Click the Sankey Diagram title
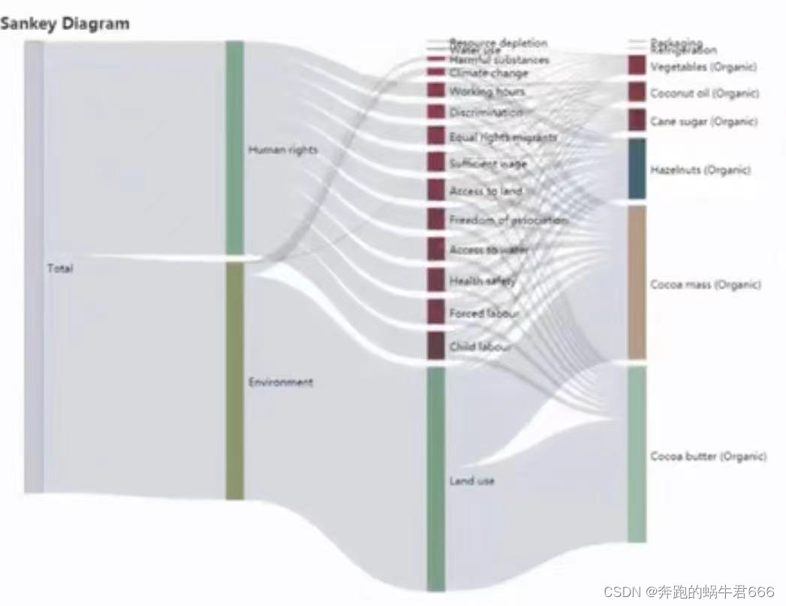(65, 23)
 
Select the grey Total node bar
(34, 266)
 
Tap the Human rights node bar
(235, 148)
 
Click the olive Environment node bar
(235, 381)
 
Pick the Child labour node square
(436, 346)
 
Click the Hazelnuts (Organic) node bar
(637, 169)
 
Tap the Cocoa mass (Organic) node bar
(637, 283)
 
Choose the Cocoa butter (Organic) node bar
(637, 454)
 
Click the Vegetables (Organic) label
(703, 67)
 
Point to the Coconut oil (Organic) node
(637, 92)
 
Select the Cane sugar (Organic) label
(703, 121)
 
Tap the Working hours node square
(436, 90)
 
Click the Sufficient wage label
(488, 163)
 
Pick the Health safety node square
(436, 280)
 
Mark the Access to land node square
(436, 190)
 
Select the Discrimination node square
(436, 112)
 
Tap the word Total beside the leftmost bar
(60, 268)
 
